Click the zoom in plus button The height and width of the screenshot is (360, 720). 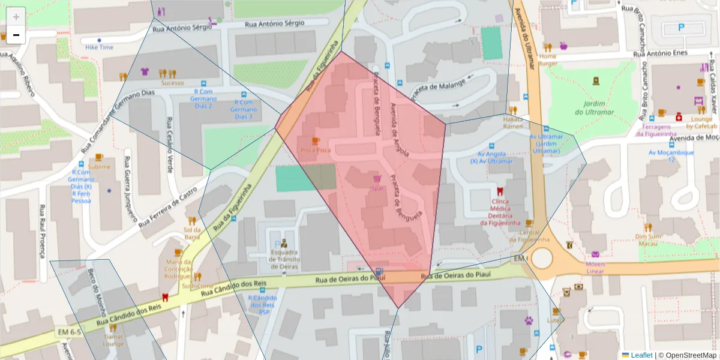16,17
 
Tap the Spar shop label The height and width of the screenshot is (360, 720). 377,188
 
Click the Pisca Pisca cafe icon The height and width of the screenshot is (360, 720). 316,140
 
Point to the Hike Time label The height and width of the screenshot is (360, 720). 99,47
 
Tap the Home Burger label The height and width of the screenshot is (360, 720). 547,59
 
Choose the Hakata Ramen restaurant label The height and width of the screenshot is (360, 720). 513,123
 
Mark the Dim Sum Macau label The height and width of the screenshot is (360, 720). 648,239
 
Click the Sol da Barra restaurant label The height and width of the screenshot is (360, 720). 192,233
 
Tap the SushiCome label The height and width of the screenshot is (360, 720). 197,286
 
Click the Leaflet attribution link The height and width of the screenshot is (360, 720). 641,355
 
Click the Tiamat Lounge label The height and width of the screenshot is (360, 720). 113,340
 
